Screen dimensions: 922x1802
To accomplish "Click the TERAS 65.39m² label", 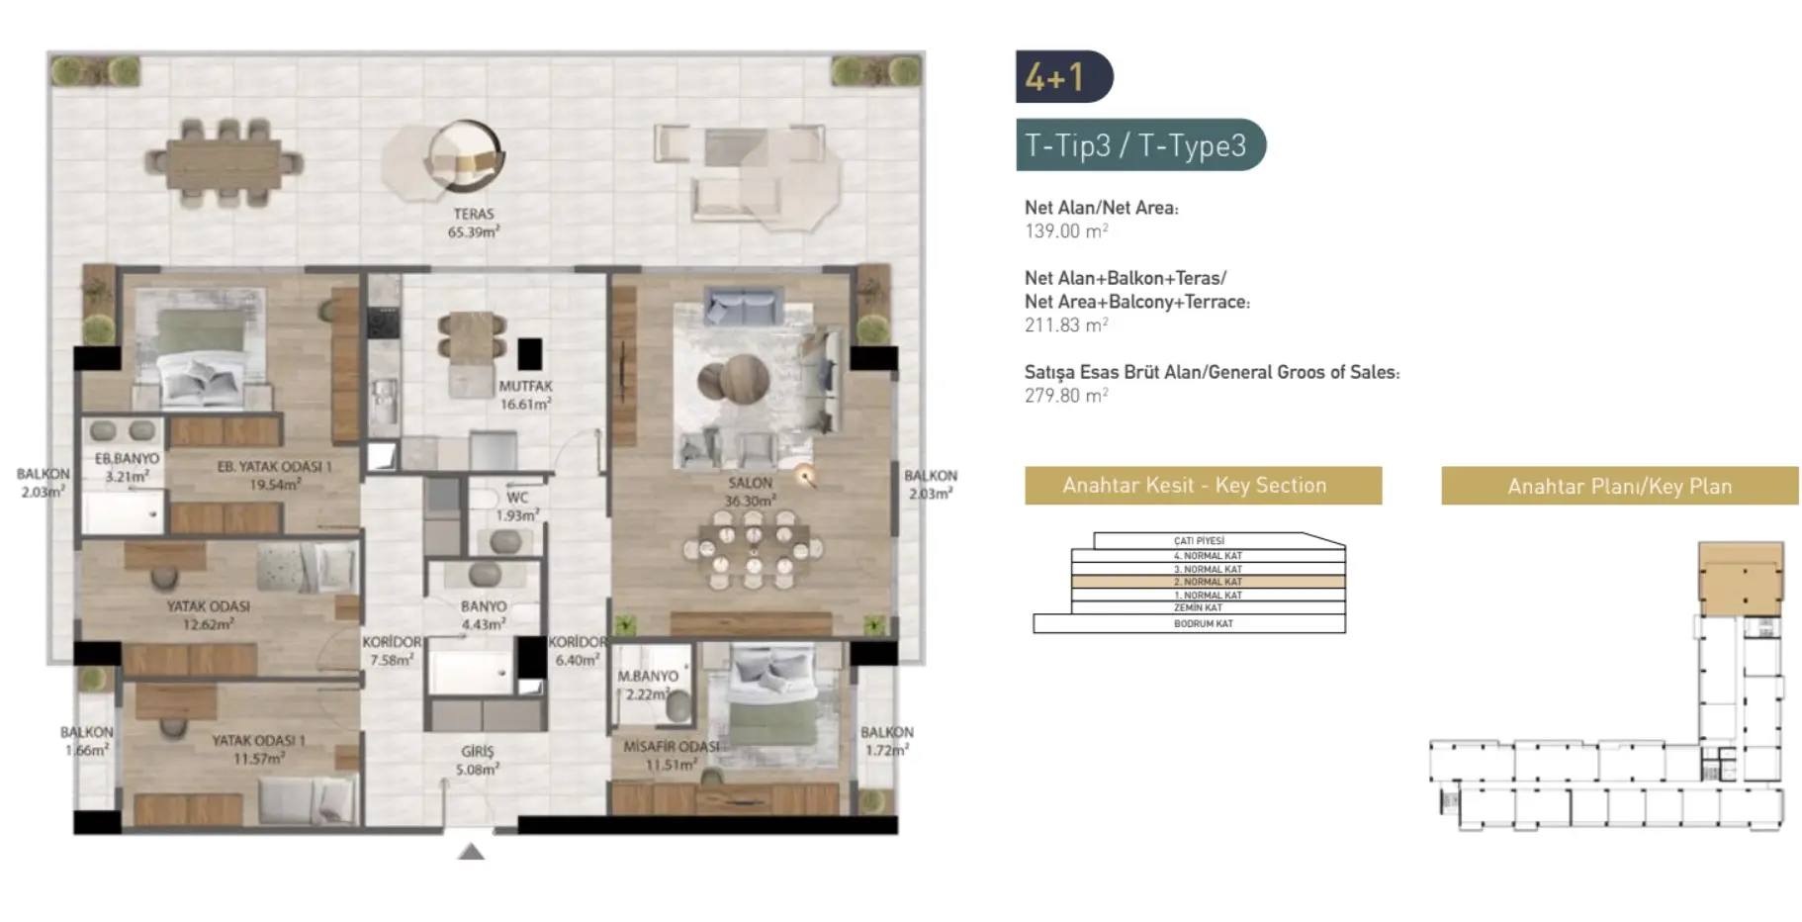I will click(473, 223).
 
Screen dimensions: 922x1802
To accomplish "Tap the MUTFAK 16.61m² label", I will click(525, 395).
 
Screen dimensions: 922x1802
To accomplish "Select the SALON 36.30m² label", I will click(750, 492).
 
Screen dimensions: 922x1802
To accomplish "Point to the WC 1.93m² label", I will click(516, 507).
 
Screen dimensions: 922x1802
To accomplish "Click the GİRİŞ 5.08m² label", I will click(477, 760).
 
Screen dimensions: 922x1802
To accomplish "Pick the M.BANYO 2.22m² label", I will click(648, 685).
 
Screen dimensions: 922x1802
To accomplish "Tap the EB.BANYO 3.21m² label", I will click(127, 467).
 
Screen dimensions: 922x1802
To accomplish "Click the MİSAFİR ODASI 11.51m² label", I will click(671, 755).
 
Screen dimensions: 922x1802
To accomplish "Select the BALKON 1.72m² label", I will click(886, 741).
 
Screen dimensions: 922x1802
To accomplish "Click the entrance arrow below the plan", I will click(471, 852).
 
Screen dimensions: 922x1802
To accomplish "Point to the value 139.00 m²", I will click(1065, 231).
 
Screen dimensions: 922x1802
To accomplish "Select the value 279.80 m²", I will click(1065, 396).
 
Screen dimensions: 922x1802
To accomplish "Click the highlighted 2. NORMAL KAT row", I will click(1208, 582).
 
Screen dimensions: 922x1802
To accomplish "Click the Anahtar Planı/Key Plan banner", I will click(1618, 486).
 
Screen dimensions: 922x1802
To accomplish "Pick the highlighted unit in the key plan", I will click(1740, 581).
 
